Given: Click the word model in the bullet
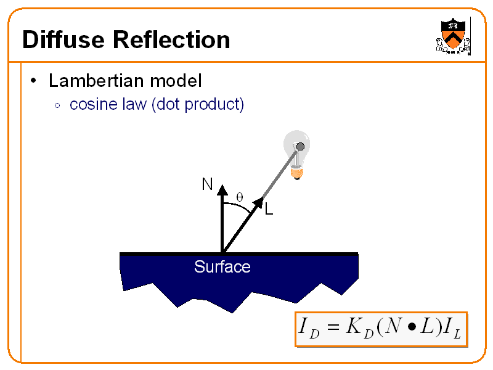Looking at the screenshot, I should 176,80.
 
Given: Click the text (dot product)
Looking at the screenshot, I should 198,104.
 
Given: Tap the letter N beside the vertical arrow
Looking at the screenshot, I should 207,184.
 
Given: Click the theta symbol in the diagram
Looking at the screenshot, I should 240,197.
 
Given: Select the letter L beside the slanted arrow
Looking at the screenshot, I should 269,210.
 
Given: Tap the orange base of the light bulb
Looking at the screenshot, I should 298,173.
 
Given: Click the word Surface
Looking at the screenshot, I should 222,267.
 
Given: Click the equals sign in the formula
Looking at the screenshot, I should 333,329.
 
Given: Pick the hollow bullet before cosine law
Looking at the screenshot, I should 57,105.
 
